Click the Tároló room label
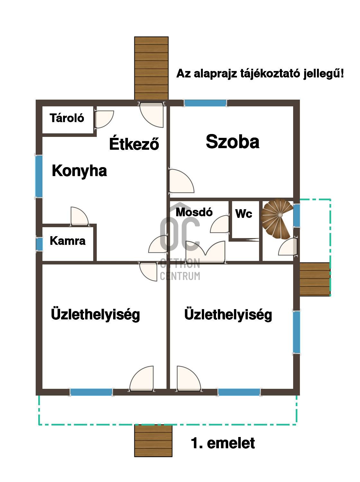[x=67, y=118]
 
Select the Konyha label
[x=79, y=171]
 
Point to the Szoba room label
[x=232, y=142]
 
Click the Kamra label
[x=67, y=241]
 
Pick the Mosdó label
[x=194, y=212]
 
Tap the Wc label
[x=244, y=214]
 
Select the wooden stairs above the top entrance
[x=151, y=68]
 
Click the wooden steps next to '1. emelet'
[x=153, y=441]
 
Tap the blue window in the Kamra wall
[x=39, y=244]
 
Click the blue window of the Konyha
[x=39, y=176]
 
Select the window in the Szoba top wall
[x=205, y=103]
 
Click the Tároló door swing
[x=104, y=118]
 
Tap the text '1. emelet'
[x=223, y=443]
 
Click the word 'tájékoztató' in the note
[x=271, y=74]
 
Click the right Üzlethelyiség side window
[x=296, y=332]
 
